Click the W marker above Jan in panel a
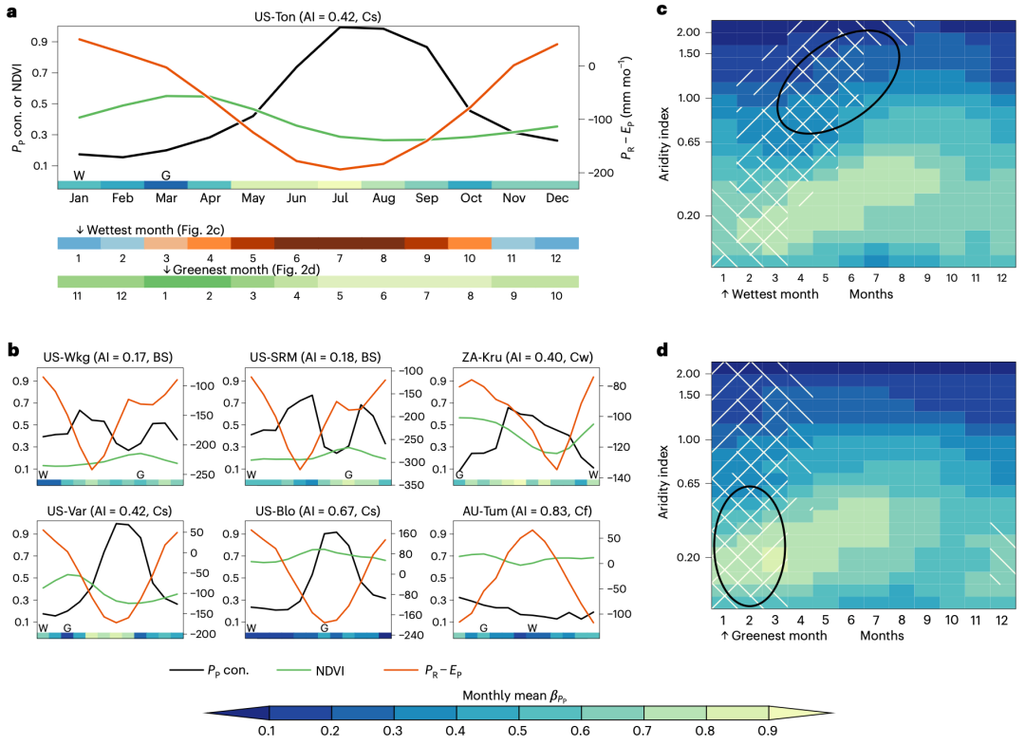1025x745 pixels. pos(79,176)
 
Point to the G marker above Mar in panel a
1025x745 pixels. pos(166,176)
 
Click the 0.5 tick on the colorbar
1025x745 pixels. pos(517,731)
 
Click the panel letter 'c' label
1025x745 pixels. pos(664,11)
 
